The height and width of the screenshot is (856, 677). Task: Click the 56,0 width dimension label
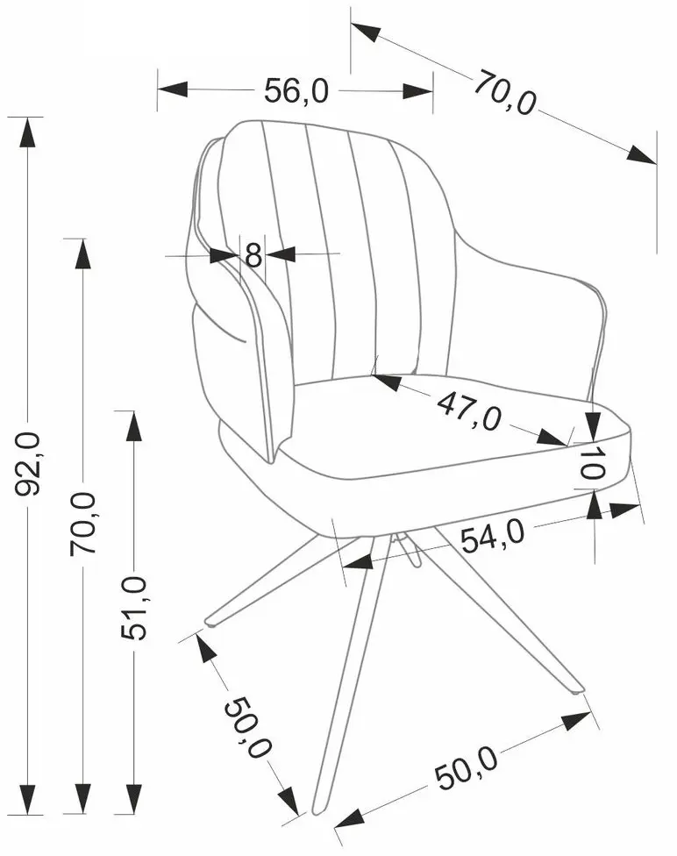(x=296, y=90)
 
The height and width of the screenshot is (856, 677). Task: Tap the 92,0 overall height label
(x=27, y=463)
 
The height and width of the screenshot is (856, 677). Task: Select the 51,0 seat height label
(x=134, y=608)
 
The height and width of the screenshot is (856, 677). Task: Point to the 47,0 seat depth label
(x=468, y=410)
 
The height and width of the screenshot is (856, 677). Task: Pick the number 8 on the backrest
(x=253, y=254)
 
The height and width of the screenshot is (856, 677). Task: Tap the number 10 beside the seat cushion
(x=590, y=462)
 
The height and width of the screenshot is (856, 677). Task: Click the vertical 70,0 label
(x=83, y=524)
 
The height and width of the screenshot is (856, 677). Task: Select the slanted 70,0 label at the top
(x=504, y=93)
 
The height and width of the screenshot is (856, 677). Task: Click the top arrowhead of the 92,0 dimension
(x=27, y=132)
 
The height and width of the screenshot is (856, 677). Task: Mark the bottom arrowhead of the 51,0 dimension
(x=134, y=799)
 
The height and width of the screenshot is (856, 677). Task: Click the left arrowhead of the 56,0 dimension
(x=173, y=89)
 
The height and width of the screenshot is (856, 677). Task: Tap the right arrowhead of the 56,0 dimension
(x=418, y=90)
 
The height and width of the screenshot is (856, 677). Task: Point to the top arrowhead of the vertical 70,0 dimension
(x=83, y=253)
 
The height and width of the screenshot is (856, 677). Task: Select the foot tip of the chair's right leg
(x=578, y=689)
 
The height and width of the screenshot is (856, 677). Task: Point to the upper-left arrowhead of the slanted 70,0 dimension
(x=366, y=32)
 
